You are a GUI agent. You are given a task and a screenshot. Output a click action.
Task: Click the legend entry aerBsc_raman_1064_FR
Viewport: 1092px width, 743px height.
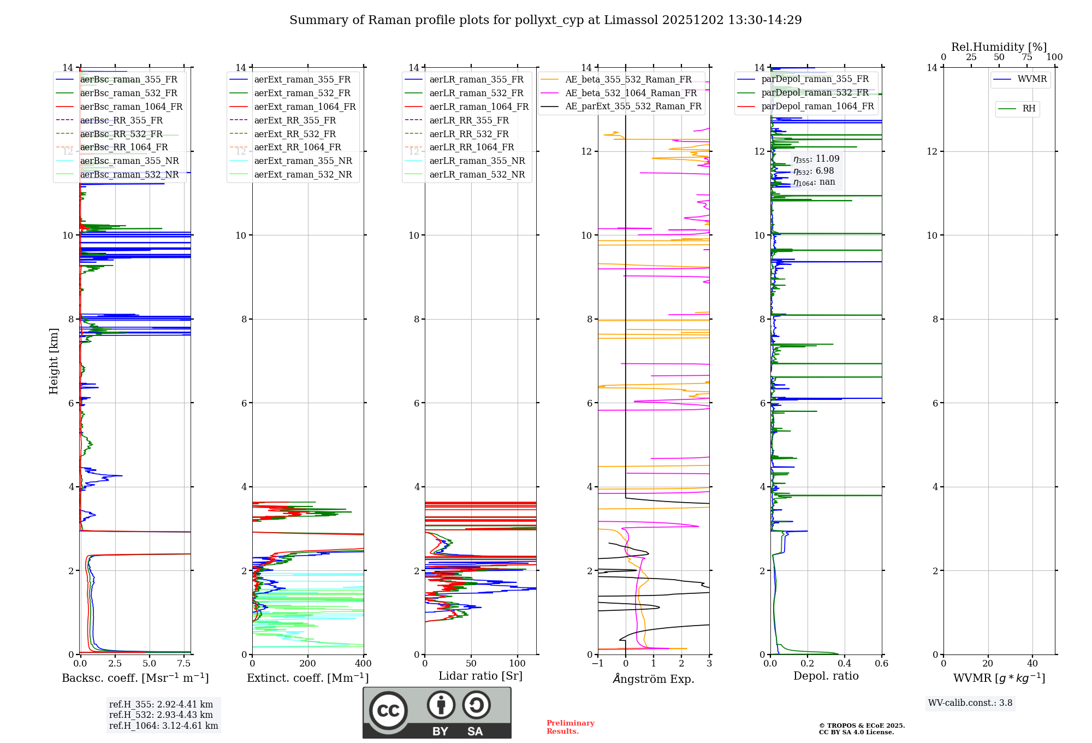pos(131,107)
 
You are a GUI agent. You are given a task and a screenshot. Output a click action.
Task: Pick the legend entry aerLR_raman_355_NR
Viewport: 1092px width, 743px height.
pos(477,161)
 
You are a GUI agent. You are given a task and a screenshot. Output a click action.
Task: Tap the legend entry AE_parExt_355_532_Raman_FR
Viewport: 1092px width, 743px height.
pos(633,107)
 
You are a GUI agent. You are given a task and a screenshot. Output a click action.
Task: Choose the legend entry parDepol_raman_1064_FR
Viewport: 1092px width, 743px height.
pos(817,107)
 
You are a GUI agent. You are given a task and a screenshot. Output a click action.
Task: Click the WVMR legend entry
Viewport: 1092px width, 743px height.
pos(1031,79)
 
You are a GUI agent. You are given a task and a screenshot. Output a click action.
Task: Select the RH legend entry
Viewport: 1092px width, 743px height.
pos(1029,109)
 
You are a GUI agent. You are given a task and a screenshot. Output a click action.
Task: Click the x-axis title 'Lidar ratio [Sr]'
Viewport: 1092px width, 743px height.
pos(480,676)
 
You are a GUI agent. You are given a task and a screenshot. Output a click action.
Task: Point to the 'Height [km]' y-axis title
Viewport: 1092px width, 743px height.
pos(54,361)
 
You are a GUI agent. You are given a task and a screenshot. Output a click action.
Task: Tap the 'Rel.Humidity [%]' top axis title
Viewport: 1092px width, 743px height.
pos(999,47)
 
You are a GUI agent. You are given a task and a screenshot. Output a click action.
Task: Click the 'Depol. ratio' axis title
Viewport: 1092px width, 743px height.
pos(826,676)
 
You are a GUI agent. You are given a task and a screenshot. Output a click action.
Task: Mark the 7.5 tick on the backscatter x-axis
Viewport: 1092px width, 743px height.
pos(184,664)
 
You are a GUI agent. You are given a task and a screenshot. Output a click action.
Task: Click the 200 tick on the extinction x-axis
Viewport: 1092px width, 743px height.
pos(308,664)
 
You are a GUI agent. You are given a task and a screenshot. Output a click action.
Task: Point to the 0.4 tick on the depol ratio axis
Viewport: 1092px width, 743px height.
pos(844,664)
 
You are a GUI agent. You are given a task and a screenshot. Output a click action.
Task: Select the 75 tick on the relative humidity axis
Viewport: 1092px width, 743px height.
pos(1026,57)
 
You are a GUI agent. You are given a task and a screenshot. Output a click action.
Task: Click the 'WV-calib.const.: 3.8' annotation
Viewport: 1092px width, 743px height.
pos(970,703)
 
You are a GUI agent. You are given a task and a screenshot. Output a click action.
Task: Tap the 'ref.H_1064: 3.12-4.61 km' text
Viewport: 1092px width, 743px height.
pos(163,726)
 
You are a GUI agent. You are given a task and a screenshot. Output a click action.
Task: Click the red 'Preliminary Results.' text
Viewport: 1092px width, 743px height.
pos(570,727)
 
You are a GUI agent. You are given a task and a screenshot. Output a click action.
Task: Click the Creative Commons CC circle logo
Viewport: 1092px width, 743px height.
pos(388,711)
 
